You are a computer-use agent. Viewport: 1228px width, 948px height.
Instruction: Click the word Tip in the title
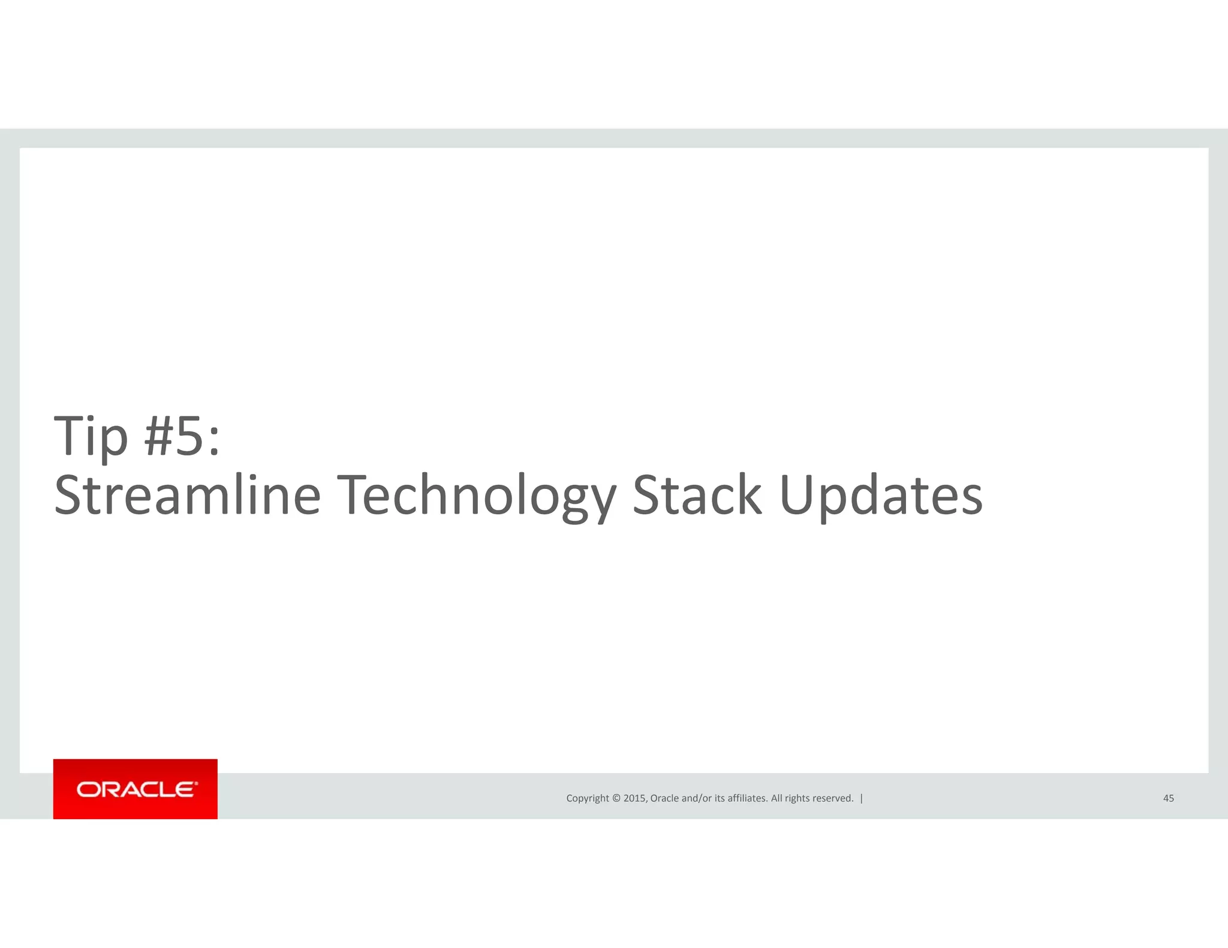tap(91, 436)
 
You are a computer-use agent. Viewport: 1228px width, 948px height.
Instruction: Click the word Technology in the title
tap(476, 496)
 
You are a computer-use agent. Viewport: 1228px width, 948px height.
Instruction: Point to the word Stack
tap(697, 496)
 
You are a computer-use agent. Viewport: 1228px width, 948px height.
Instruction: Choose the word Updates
tap(880, 496)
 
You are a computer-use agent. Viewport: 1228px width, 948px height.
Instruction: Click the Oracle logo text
tap(136, 789)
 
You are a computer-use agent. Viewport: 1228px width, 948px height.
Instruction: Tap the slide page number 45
tap(1168, 798)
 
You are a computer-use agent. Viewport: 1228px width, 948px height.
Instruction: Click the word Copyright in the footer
tap(587, 798)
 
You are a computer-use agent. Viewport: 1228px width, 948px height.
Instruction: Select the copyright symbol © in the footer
tap(616, 798)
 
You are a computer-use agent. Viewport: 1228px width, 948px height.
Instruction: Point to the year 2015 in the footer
tap(634, 798)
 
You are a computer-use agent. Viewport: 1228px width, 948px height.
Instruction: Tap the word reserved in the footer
tap(834, 798)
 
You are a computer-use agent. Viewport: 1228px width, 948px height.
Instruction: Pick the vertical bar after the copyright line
tap(862, 798)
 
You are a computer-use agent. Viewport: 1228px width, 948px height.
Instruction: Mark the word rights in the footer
tap(798, 798)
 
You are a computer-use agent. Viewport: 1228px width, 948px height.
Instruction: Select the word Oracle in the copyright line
tap(664, 798)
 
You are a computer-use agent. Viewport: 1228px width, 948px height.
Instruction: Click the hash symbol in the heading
tap(158, 436)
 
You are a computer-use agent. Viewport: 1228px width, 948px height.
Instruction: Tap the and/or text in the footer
tap(697, 798)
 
